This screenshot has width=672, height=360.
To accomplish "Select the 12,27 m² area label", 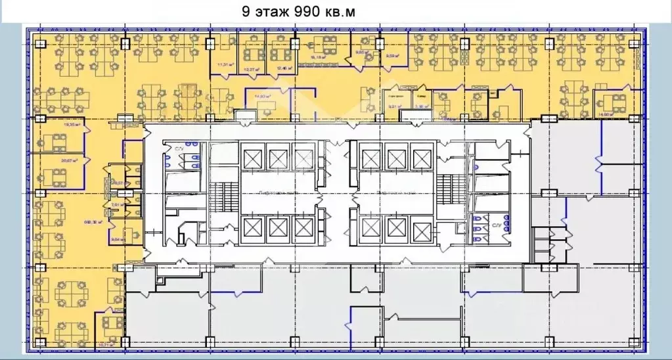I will pyautogui.click(x=250, y=68).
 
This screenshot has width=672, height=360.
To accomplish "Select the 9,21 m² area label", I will pyautogui.click(x=394, y=105).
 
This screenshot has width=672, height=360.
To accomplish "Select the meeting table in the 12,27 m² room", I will pyautogui.click(x=252, y=54).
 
